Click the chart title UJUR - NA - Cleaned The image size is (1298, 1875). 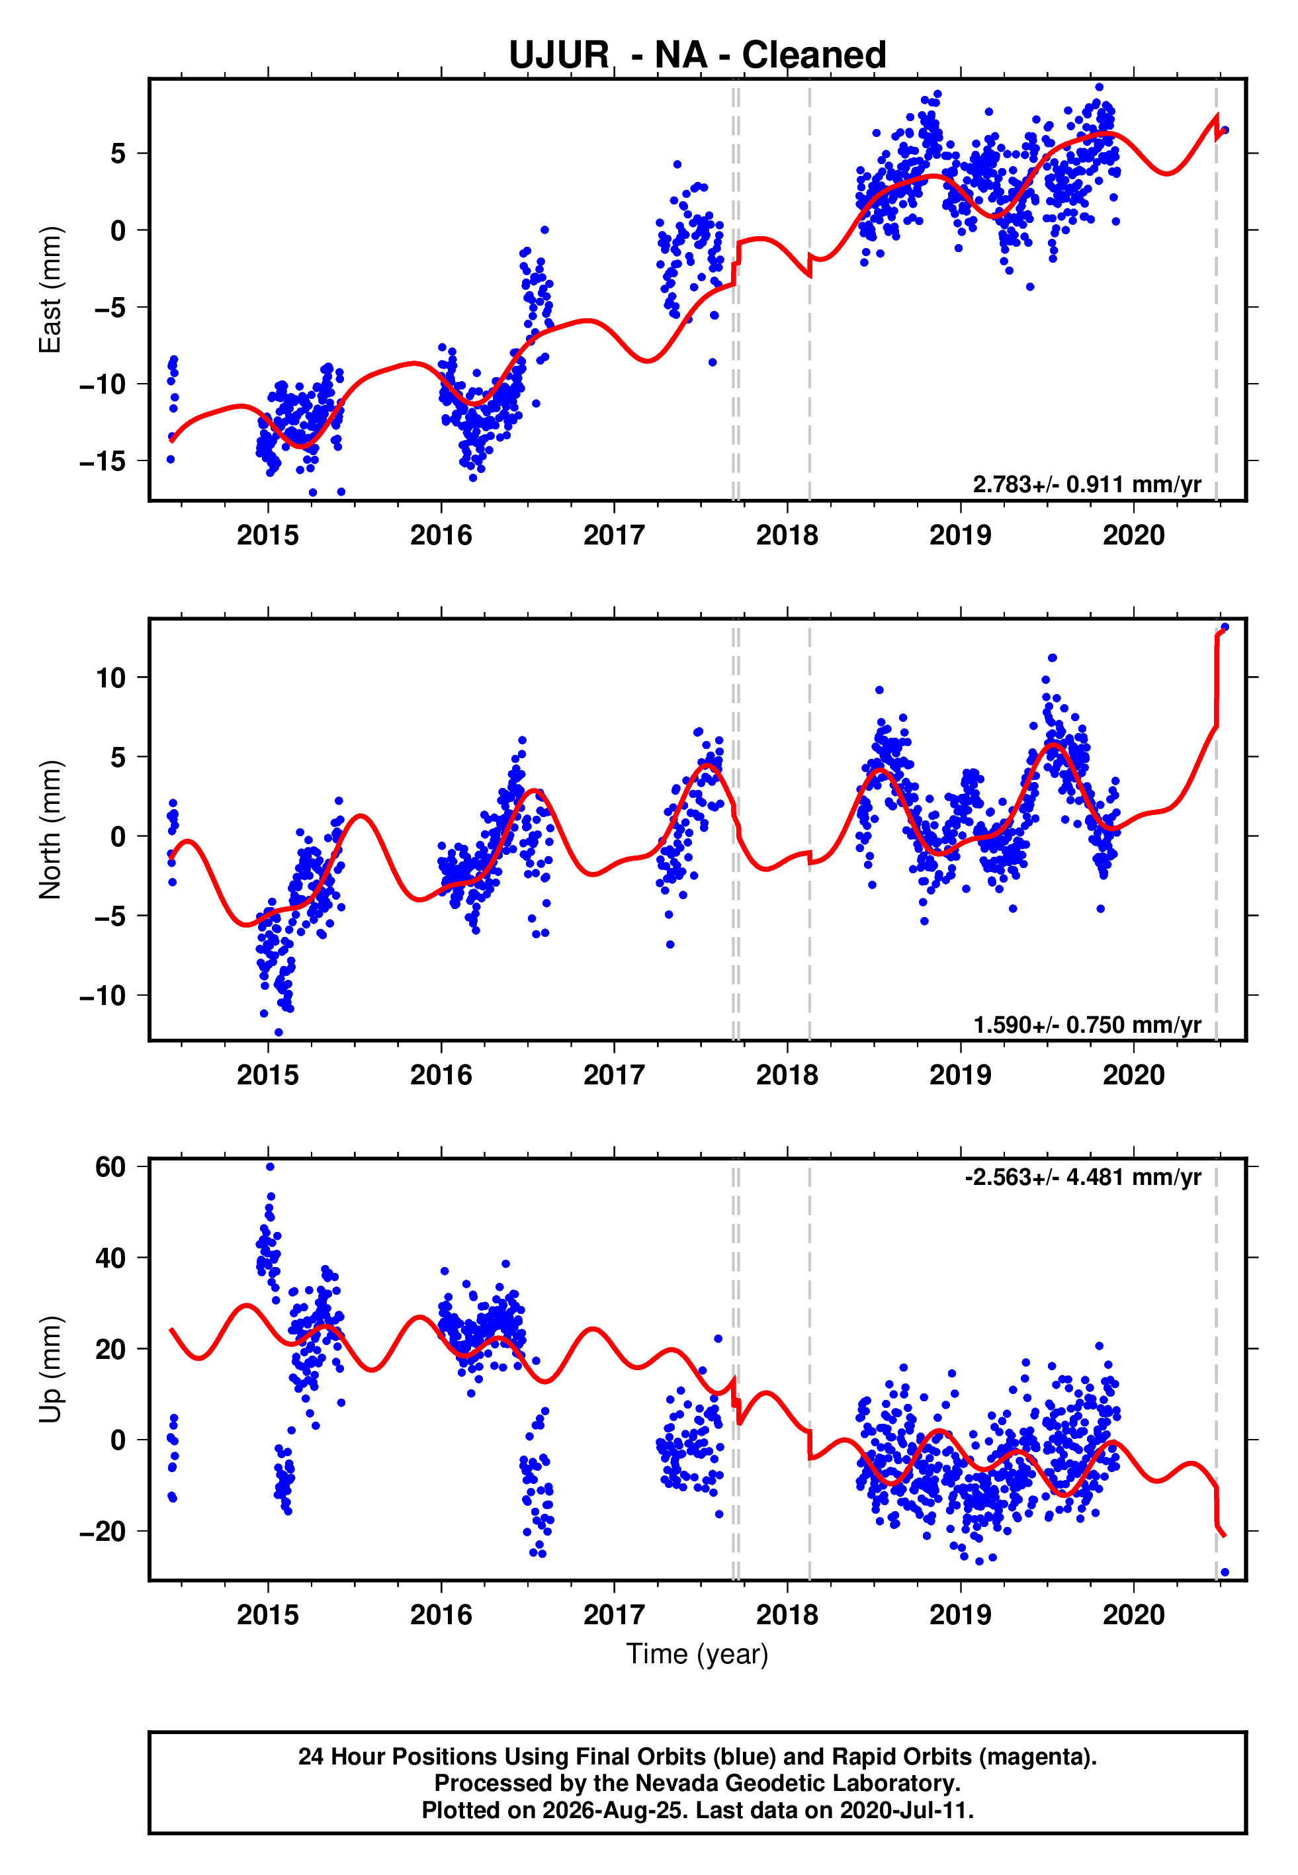click(x=697, y=56)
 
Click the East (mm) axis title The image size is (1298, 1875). click(x=50, y=290)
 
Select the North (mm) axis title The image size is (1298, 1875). click(x=50, y=830)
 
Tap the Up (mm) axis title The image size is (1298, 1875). click(x=50, y=1370)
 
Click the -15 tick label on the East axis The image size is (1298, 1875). click(x=103, y=461)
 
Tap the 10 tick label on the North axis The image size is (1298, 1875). click(x=111, y=677)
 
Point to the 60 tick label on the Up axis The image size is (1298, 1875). click(x=111, y=1167)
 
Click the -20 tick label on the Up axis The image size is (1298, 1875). click(x=103, y=1531)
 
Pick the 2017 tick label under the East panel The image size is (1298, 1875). click(x=614, y=535)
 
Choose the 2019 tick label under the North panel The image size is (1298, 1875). click(x=961, y=1075)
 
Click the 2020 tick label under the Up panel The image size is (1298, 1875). click(x=1134, y=1615)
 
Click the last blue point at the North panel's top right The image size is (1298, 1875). click(x=1225, y=627)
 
